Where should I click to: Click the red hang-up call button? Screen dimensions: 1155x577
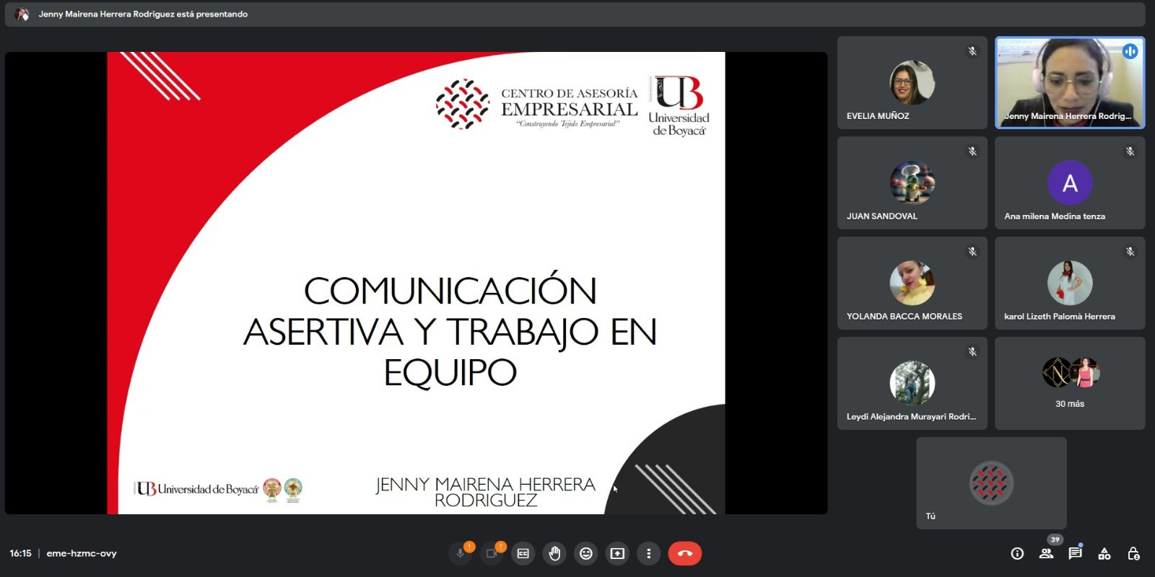click(685, 553)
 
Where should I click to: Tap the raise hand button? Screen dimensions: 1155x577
click(554, 553)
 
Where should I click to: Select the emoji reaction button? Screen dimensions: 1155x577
click(585, 553)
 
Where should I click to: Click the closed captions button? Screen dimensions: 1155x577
click(523, 553)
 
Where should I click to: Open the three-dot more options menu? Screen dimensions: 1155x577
click(649, 553)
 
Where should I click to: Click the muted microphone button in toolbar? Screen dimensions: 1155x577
click(461, 553)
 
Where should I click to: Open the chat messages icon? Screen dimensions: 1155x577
click(1075, 553)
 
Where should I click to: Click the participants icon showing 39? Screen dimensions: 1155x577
click(1046, 553)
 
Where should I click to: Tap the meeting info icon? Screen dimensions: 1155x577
click(1017, 553)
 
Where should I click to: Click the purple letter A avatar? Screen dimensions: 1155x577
click(1070, 183)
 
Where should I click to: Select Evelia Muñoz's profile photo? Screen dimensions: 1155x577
click(912, 82)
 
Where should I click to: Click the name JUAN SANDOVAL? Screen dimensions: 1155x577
click(881, 216)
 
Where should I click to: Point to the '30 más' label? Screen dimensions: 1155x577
click(1070, 404)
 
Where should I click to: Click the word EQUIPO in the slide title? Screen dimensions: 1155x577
click(450, 372)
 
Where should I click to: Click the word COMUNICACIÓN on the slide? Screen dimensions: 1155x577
click(450, 291)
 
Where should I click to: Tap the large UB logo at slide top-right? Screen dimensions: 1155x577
click(679, 105)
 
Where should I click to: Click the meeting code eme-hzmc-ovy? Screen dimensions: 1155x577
click(82, 553)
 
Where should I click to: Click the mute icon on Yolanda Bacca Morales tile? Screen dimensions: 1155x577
click(972, 252)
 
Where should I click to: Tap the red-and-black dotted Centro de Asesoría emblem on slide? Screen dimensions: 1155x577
click(463, 104)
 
